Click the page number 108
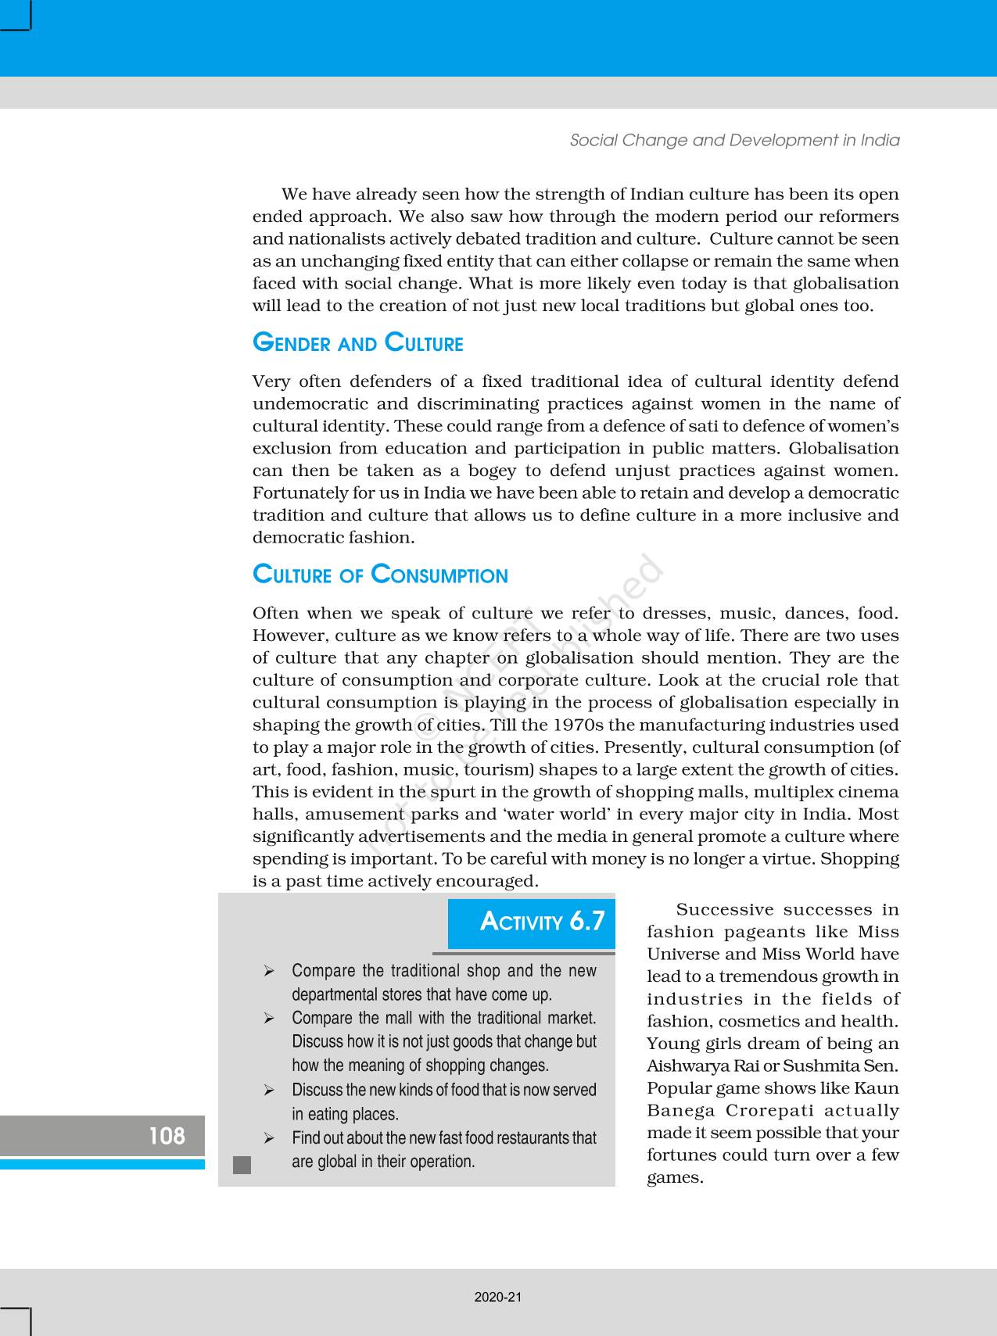pyautogui.click(x=167, y=1135)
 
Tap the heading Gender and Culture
pyautogui.click(x=357, y=343)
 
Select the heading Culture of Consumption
pyautogui.click(x=380, y=575)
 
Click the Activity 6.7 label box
pyautogui.click(x=532, y=922)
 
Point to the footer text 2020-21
pyautogui.click(x=498, y=1297)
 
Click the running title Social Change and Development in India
pyautogui.click(x=734, y=140)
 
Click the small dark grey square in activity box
pyautogui.click(x=242, y=1165)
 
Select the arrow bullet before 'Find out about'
pyautogui.click(x=269, y=1137)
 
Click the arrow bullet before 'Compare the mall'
pyautogui.click(x=269, y=1018)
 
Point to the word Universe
pyautogui.click(x=681, y=955)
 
